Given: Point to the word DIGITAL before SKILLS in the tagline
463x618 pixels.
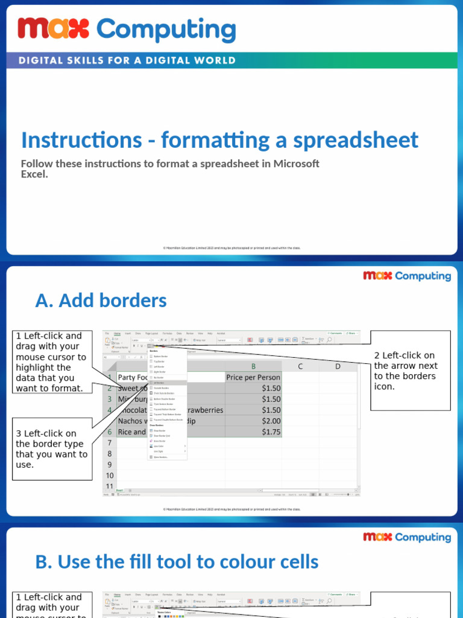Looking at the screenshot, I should tap(42, 60).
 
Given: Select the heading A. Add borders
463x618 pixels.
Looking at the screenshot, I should tap(101, 300).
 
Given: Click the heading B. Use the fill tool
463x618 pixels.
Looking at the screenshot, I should tap(177, 561).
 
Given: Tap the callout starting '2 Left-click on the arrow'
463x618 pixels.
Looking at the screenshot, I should tap(410, 370).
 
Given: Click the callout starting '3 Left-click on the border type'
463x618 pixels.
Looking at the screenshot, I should tap(51, 449).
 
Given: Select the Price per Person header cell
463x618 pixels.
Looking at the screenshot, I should tap(253, 377).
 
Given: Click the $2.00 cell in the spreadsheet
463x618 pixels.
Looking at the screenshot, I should tap(253, 421).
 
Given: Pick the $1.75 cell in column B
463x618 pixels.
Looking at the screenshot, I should tap(253, 432).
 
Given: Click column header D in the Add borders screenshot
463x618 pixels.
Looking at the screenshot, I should tap(338, 366).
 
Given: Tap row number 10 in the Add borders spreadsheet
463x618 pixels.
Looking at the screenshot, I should tap(110, 475).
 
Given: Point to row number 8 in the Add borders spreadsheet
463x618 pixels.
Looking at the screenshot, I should tap(110, 453).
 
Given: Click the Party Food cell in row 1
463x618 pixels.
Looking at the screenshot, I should tap(133, 377).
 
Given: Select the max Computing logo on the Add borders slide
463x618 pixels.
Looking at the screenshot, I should tap(406, 276).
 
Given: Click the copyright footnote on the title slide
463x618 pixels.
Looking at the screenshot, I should tap(231, 247).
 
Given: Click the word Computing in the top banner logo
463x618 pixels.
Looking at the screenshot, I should tap(166, 30).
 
